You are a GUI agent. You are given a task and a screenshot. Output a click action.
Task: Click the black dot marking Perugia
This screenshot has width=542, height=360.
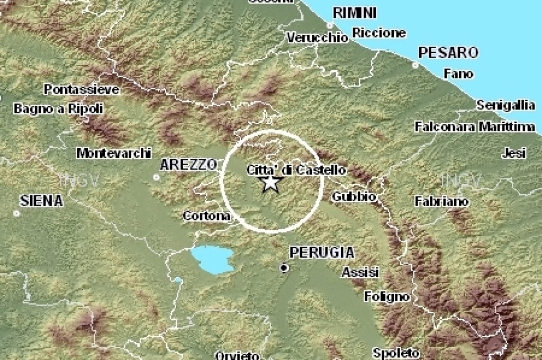[284, 268]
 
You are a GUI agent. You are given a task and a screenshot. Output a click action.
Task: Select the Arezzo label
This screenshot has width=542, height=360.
[188, 165]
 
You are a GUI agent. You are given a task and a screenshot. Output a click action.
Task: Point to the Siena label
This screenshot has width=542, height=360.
[41, 201]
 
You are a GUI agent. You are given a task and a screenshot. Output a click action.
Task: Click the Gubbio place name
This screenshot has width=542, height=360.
[354, 197]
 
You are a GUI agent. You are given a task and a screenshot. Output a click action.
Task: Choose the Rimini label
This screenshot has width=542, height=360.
[355, 13]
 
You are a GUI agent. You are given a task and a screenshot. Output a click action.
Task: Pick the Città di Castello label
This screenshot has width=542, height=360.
[296, 170]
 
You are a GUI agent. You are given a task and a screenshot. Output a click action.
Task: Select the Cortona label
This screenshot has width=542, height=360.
[207, 216]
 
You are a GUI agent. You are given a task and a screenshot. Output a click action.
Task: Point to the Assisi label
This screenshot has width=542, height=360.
[360, 273]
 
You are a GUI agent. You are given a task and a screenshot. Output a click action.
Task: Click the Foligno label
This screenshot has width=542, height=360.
[387, 296]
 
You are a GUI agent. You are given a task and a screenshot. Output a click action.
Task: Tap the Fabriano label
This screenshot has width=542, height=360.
[441, 201]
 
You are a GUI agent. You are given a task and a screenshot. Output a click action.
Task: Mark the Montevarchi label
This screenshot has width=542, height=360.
[114, 153]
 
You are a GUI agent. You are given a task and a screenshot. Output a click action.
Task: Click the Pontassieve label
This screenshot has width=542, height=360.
[82, 89]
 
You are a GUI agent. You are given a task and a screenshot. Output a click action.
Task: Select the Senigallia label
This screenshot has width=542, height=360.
[505, 105]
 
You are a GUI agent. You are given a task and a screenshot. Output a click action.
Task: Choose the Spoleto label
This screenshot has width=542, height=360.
[396, 353]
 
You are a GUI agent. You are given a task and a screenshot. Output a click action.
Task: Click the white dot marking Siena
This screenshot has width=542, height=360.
[17, 213]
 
